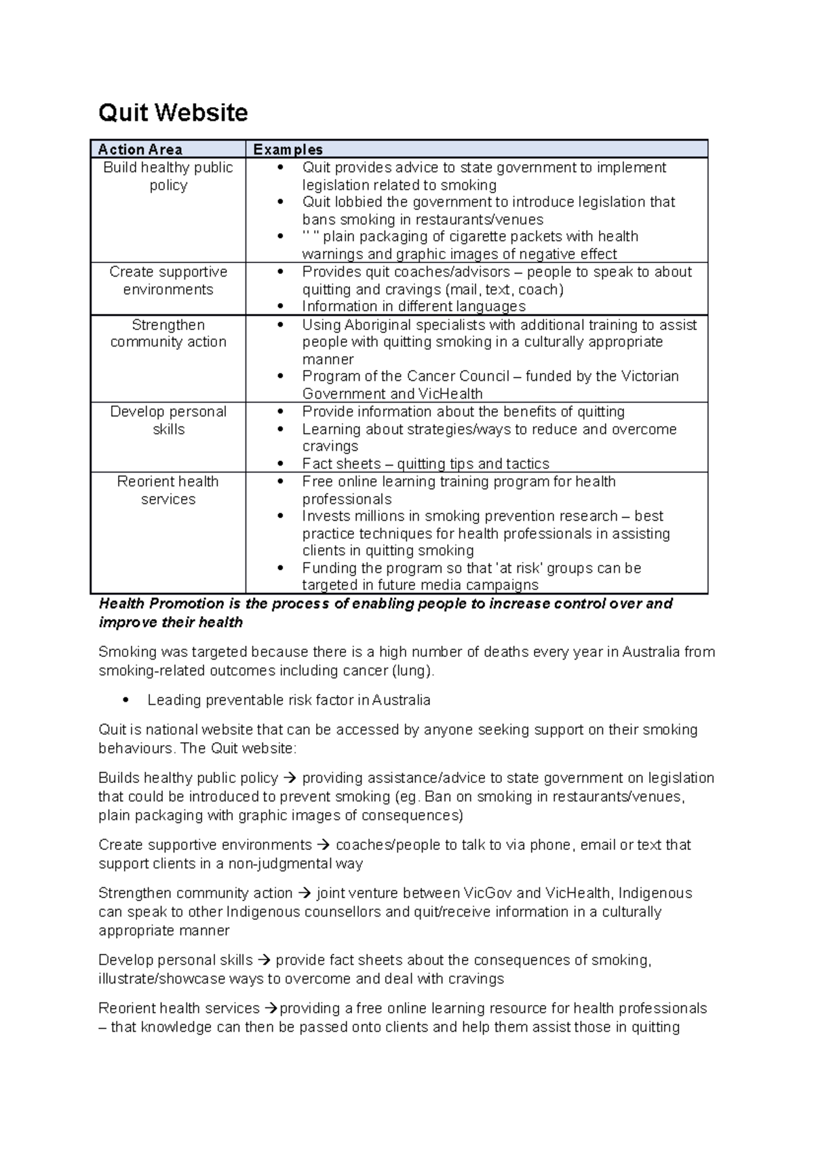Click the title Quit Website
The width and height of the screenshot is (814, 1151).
[173, 113]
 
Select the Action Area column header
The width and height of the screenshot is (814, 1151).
[140, 149]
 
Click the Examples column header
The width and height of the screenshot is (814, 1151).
[288, 149]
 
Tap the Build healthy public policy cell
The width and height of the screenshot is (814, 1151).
[168, 176]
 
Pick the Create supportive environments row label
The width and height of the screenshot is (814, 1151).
[168, 281]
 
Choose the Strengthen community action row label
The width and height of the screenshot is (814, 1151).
[168, 333]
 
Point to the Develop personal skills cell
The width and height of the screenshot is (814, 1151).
[168, 420]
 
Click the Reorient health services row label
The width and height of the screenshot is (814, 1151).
[168, 490]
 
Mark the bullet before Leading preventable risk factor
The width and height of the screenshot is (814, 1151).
[124, 700]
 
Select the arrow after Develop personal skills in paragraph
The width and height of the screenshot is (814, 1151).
[264, 961]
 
